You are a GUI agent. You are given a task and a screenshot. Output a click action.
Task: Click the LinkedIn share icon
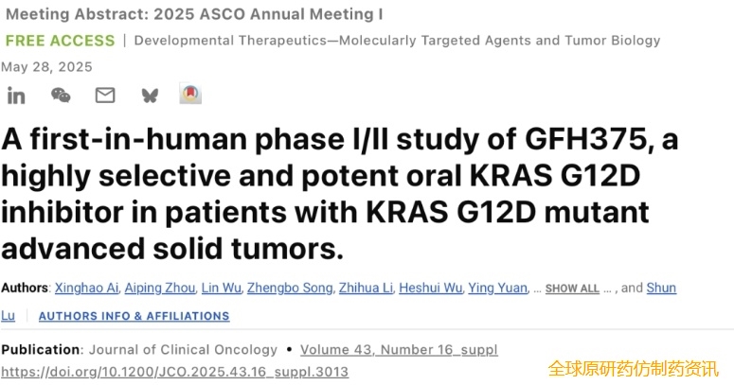tap(16, 96)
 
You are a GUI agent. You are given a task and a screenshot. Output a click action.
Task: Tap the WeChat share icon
tap(61, 96)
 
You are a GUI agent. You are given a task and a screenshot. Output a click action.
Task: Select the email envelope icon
tap(105, 96)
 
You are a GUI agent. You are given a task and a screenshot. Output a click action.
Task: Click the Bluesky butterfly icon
tap(150, 96)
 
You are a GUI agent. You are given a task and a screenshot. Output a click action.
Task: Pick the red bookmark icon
tap(190, 94)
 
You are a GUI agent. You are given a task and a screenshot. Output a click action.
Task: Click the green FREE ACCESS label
tap(60, 41)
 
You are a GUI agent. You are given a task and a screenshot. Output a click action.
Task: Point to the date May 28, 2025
tap(46, 67)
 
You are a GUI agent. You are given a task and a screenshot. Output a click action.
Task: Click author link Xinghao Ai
tap(86, 288)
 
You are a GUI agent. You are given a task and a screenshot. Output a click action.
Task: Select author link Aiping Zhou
tap(160, 288)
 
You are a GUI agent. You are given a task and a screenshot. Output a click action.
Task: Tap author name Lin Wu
tap(222, 288)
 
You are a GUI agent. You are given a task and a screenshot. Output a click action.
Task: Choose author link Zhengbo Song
tap(290, 288)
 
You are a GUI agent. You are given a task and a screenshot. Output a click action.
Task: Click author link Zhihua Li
tap(366, 288)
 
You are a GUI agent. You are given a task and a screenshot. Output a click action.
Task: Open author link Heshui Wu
tap(430, 288)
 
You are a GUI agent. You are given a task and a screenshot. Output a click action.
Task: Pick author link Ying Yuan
tap(497, 288)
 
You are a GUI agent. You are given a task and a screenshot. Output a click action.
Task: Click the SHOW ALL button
tap(572, 289)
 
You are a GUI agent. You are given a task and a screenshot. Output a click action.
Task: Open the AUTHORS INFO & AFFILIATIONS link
tap(134, 316)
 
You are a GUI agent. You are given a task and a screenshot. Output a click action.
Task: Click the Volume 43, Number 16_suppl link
tap(399, 350)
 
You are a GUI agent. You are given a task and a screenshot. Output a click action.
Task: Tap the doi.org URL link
tap(174, 372)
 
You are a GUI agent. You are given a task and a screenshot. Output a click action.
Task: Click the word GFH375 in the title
tap(586, 139)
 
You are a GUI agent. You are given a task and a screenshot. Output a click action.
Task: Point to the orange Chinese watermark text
tap(633, 369)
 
